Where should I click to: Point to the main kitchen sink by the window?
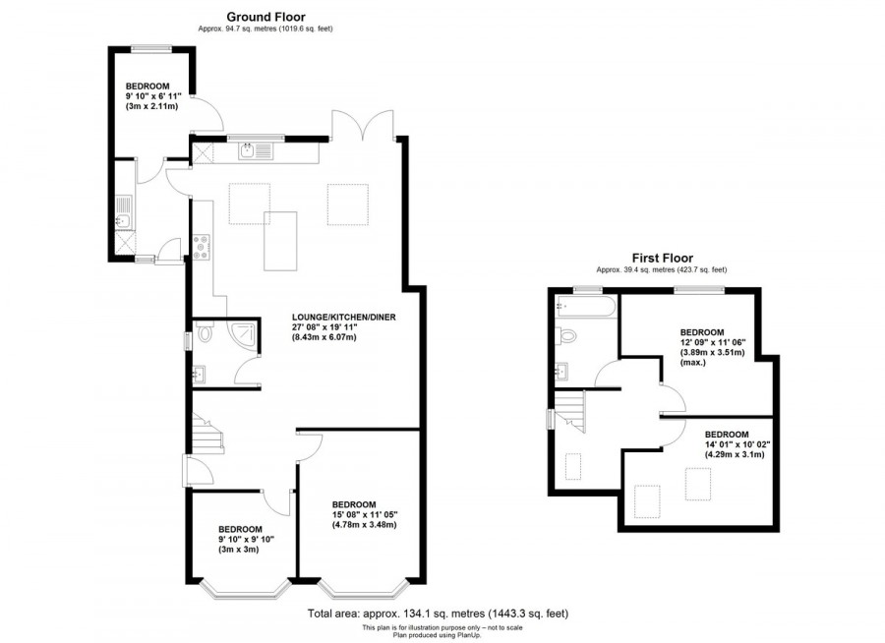coord(254,150)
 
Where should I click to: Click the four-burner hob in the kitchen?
coord(201,246)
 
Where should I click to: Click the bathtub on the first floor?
coord(584,307)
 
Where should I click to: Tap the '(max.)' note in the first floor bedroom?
coord(694,364)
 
